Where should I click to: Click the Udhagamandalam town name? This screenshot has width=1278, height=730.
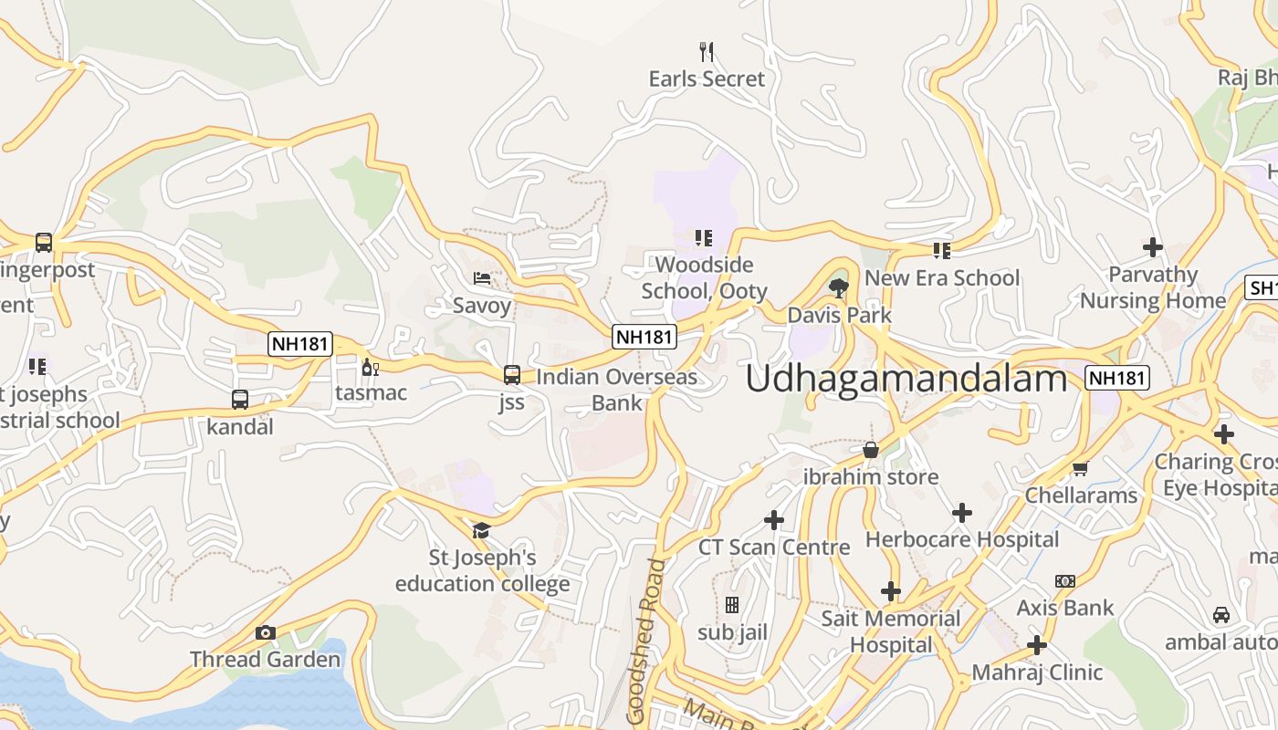(906, 378)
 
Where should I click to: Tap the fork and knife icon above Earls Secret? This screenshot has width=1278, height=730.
(706, 51)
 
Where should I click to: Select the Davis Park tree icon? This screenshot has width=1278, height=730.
(838, 288)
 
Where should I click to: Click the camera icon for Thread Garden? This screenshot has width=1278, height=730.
(266, 632)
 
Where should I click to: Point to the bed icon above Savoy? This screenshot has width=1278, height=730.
(482, 277)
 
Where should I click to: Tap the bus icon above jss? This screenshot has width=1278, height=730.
(512, 374)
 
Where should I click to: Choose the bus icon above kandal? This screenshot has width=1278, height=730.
(239, 400)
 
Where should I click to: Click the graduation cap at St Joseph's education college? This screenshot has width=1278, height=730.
(481, 530)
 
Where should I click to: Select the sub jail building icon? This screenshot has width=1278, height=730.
(731, 605)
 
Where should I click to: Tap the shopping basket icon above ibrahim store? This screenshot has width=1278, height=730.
(871, 450)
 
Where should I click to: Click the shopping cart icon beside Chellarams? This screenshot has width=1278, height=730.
(1081, 468)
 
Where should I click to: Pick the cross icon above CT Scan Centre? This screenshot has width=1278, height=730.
(774, 520)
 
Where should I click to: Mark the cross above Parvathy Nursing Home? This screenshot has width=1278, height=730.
(1153, 246)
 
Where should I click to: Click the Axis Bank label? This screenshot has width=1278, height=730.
(1065, 608)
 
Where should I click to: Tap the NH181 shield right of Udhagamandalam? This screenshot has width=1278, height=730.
(1117, 378)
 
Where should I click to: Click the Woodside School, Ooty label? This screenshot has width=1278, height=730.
(704, 277)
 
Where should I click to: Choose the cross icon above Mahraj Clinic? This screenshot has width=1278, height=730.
(1037, 646)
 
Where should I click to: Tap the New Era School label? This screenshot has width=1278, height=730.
(942, 277)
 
